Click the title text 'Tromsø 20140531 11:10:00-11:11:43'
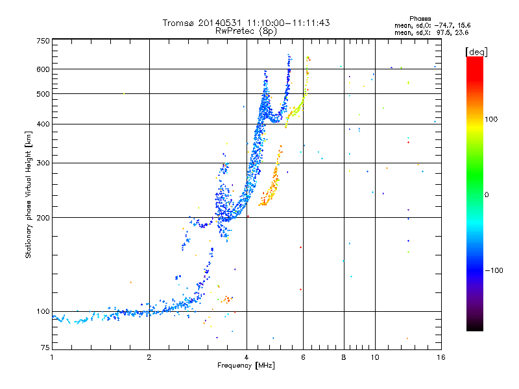pyautogui.click(x=246, y=23)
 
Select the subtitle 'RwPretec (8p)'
pyautogui.click(x=246, y=31)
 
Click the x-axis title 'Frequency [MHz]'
pyautogui.click(x=246, y=366)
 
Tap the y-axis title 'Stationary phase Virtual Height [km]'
pyautogui.click(x=28, y=195)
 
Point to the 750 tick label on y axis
pyautogui.click(x=43, y=41)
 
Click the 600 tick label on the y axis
pyautogui.click(x=43, y=69)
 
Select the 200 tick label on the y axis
pyautogui.click(x=43, y=218)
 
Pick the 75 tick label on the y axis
pyautogui.click(x=45, y=348)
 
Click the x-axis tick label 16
pyautogui.click(x=441, y=357)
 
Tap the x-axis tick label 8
pyautogui.click(x=344, y=357)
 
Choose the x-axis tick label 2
pyautogui.click(x=149, y=357)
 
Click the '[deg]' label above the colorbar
pyautogui.click(x=476, y=52)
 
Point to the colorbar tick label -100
pyautogui.click(x=494, y=270)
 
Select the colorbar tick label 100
pyautogui.click(x=491, y=119)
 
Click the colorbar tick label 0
pyautogui.click(x=487, y=195)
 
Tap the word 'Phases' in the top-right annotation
pyautogui.click(x=420, y=19)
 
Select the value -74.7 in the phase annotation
pyautogui.click(x=443, y=25)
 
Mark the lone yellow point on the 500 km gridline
pyautogui.click(x=124, y=93)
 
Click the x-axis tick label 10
pyautogui.click(x=375, y=357)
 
